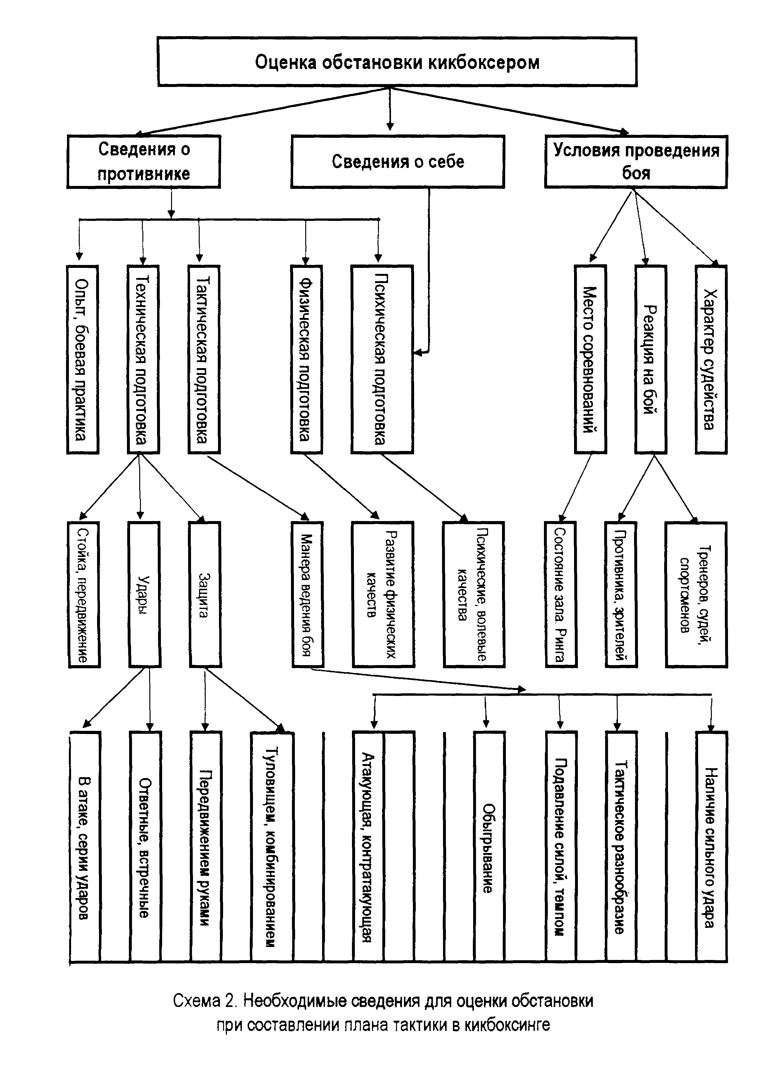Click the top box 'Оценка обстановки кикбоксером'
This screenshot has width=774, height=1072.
397,62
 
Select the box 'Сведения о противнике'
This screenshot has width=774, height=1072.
144,162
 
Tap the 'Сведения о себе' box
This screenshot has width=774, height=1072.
397,162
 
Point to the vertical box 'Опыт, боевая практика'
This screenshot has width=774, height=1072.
82,359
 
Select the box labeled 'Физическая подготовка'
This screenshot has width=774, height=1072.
306,359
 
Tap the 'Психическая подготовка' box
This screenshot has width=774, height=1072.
382,359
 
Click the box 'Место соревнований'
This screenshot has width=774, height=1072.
590,359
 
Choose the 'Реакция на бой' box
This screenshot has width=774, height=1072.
651,359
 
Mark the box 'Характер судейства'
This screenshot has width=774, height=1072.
711,359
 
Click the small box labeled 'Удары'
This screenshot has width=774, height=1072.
144,594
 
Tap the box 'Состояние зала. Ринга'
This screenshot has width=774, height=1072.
561,594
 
